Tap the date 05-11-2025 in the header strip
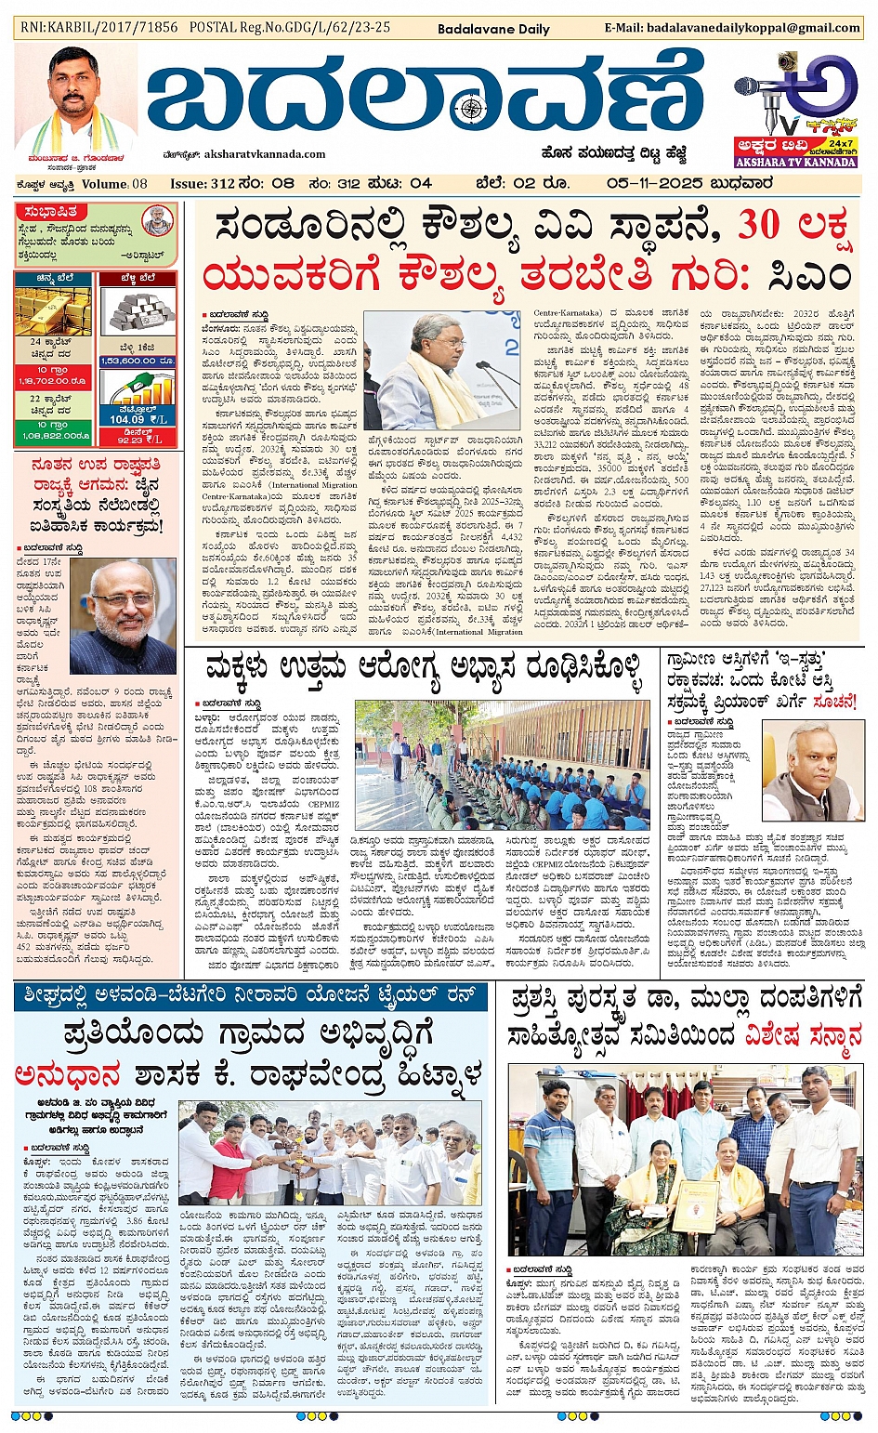coord(656,183)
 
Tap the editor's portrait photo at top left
coord(74,93)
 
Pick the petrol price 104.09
coord(127,419)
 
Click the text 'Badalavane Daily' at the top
coord(493,29)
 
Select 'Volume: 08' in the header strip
coord(113,183)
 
